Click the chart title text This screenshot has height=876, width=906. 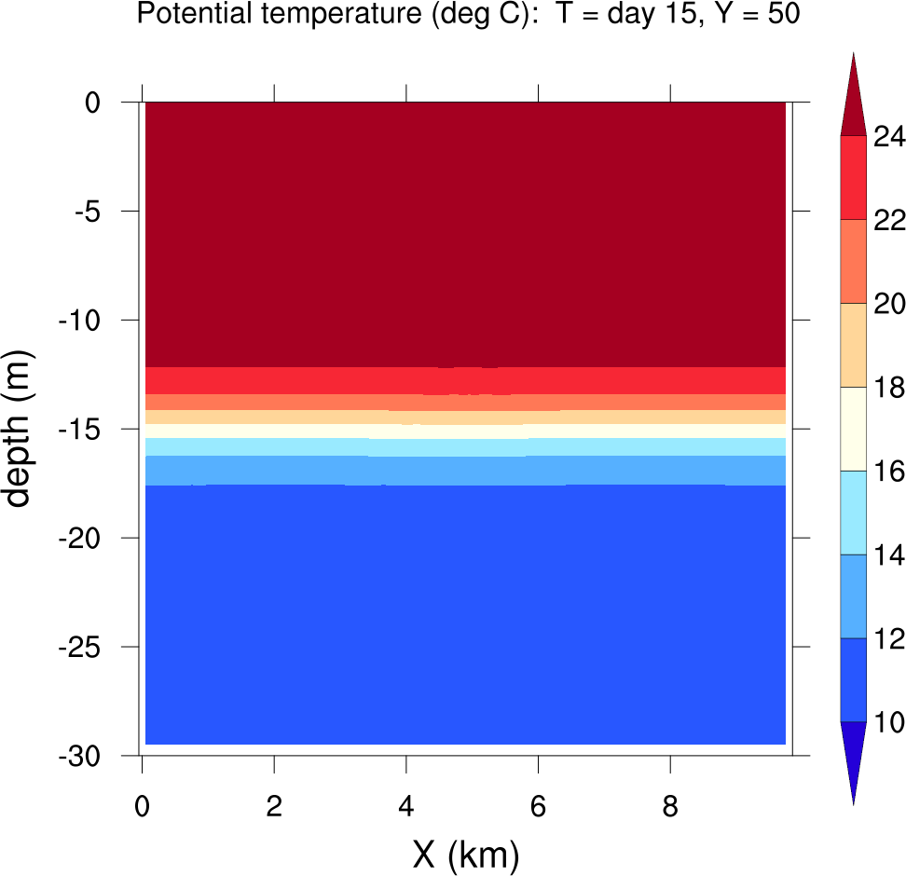pos(468,15)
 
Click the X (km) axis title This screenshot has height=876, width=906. pos(465,855)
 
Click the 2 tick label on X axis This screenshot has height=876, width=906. pos(274,803)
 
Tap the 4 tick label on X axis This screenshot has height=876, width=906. pos(406,803)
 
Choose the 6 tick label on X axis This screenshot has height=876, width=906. pos(538,803)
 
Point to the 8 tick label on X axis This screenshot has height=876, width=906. pos(670,803)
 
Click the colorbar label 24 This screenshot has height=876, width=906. pos(888,137)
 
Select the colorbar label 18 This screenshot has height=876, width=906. pos(888,388)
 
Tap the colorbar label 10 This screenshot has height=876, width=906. pos(888,722)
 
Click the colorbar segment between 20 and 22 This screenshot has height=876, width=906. pos(853,262)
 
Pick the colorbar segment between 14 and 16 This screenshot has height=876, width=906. pos(853,513)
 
